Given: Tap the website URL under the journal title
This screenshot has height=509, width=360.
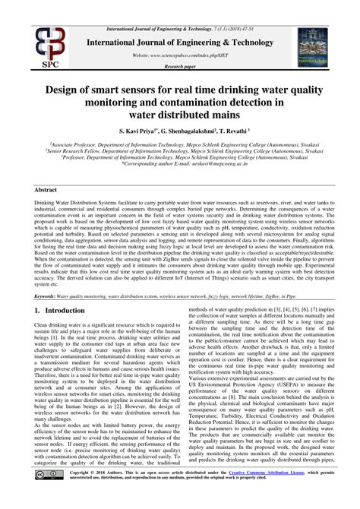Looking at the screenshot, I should [180, 55].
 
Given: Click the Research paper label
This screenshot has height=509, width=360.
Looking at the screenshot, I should [180, 67].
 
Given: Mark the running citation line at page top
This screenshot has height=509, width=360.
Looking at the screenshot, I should [180, 7].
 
